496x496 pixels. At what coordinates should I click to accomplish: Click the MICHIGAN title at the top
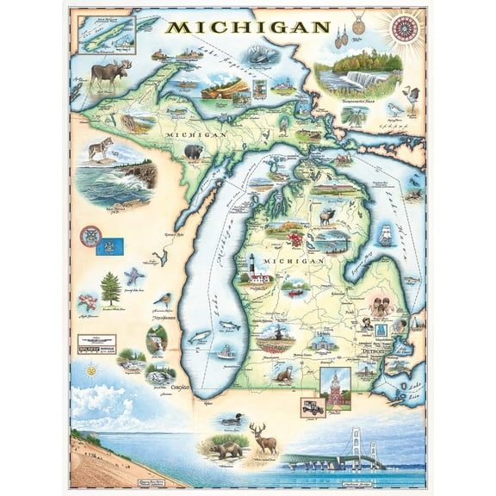247,27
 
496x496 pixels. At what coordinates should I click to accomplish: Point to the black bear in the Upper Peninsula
194,152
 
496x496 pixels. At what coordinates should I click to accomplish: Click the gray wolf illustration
102,150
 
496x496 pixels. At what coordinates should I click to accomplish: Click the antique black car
312,406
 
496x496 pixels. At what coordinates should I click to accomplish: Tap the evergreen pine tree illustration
110,287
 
